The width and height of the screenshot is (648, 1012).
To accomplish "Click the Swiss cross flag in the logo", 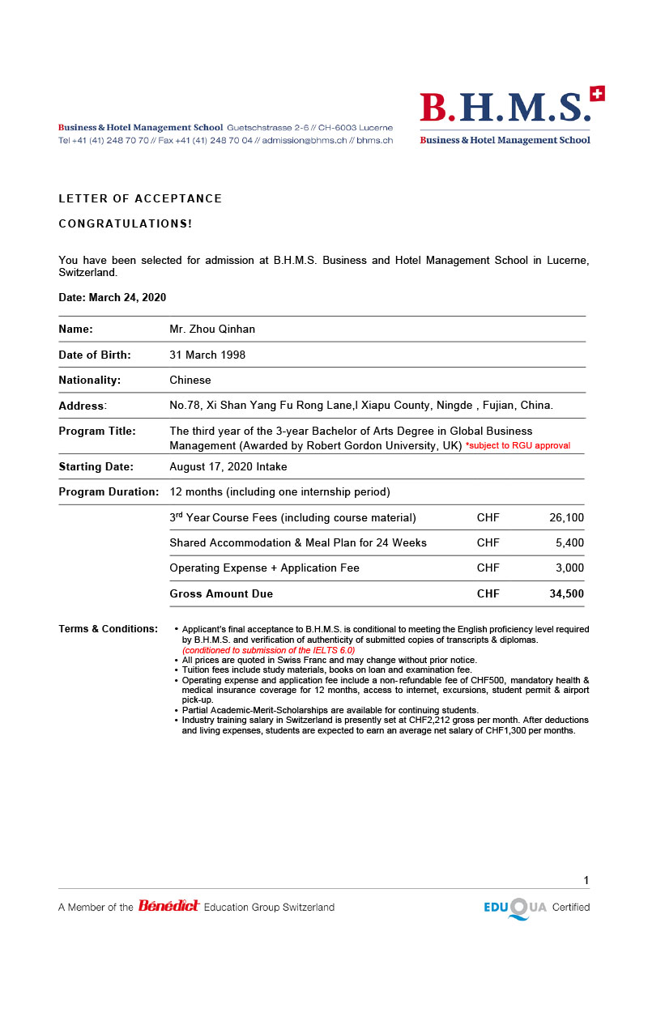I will tap(598, 94).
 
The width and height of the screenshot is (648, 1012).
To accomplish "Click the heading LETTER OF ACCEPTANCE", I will tap(140, 198).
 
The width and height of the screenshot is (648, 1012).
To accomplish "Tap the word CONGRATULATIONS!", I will tap(126, 223).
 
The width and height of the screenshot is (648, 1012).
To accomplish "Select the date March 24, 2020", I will tap(127, 297).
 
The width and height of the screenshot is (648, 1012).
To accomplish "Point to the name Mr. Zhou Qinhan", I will tap(212, 329).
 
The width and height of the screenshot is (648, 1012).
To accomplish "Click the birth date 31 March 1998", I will tap(207, 355).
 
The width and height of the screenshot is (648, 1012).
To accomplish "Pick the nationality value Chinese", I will tap(190, 380).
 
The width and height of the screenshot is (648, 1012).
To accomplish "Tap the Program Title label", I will tap(97, 431).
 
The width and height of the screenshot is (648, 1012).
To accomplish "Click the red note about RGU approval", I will tap(518, 446).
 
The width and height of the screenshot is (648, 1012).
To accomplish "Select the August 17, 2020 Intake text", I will tap(228, 466).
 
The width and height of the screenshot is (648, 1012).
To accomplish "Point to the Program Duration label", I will tap(109, 491).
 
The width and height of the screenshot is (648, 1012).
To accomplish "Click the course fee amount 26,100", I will tap(566, 517).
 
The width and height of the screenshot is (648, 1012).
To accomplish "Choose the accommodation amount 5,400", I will tap(569, 542).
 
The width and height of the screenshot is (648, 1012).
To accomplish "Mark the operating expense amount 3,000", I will tap(569, 568).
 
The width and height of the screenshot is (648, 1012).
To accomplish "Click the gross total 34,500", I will tap(566, 593).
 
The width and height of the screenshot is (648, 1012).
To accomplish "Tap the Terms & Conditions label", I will tap(108, 629).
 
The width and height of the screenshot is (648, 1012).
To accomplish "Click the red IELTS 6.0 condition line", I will tap(268, 650).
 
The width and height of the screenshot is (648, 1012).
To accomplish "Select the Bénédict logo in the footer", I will tap(168, 906).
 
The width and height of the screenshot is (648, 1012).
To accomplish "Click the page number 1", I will tap(586, 881).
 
